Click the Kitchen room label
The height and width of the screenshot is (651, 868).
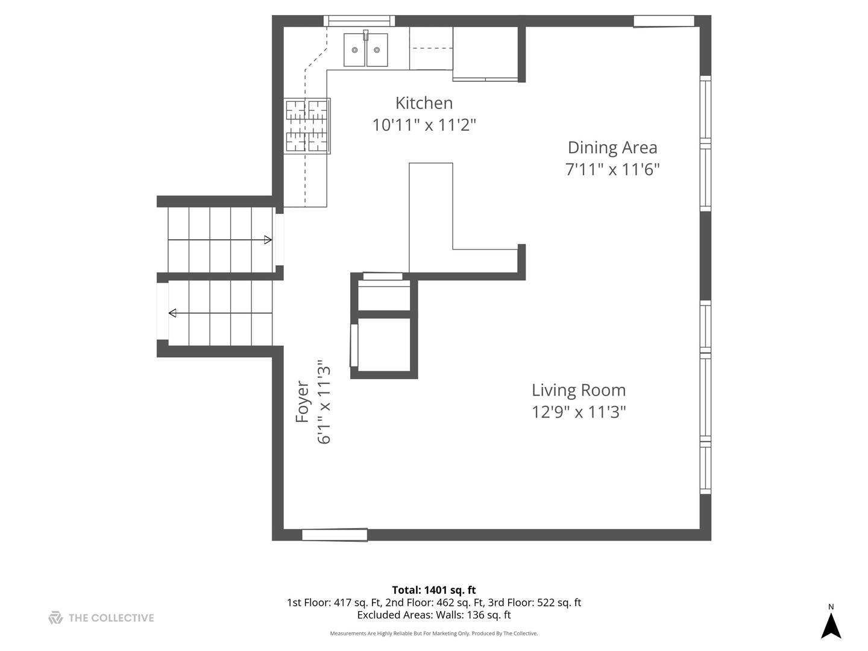(x=424, y=103)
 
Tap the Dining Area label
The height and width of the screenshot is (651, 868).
(x=612, y=148)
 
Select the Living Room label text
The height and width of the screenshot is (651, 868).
(x=579, y=390)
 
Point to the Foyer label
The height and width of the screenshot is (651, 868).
(x=302, y=401)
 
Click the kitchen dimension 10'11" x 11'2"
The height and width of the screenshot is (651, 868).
(x=424, y=125)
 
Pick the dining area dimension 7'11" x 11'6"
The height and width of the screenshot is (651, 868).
(x=612, y=169)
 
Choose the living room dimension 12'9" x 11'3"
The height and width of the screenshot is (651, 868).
(x=579, y=412)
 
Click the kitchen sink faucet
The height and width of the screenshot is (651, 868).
(x=366, y=35)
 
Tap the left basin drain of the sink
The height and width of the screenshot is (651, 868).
(x=354, y=50)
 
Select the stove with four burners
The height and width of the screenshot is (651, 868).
(x=307, y=126)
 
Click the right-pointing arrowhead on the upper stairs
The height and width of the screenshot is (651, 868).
(x=268, y=240)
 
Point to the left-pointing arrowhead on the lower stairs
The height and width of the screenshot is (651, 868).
(x=172, y=313)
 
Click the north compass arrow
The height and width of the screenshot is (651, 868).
(x=831, y=626)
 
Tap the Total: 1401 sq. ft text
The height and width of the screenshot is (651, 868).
(x=434, y=590)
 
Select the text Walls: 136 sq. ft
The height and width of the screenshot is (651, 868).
(x=473, y=615)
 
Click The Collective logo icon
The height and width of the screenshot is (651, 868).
(x=56, y=618)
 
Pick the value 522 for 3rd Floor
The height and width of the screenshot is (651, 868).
(x=545, y=603)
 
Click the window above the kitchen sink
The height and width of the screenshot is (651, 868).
(x=359, y=21)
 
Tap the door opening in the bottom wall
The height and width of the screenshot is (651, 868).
(x=335, y=535)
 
